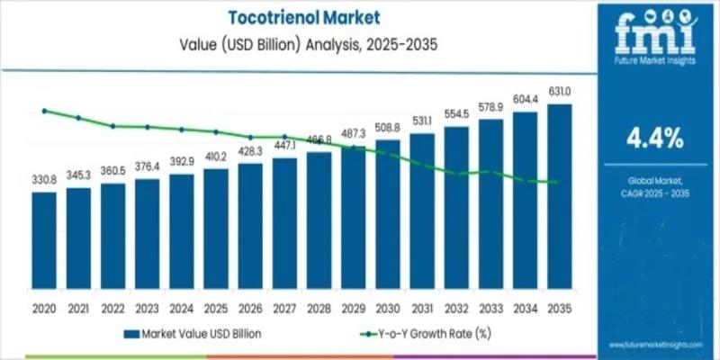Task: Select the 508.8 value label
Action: click(x=388, y=127)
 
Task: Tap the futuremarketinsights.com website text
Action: click(x=654, y=346)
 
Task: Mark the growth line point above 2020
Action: click(x=43, y=111)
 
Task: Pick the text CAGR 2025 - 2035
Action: click(x=654, y=194)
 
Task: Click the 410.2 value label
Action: click(x=215, y=157)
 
